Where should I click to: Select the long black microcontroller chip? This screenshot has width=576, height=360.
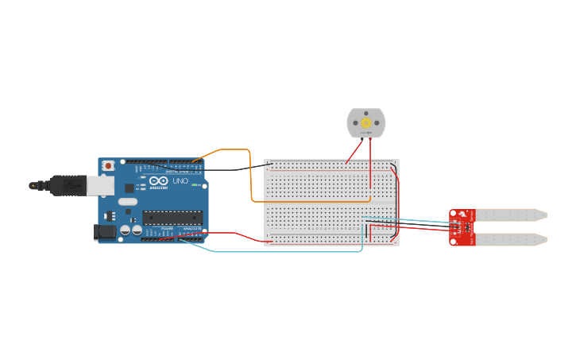pyautogui.click(x=172, y=217)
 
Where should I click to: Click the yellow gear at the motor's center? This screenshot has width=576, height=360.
pyautogui.click(x=365, y=123)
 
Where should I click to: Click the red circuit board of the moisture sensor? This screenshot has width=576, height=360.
pyautogui.click(x=462, y=227)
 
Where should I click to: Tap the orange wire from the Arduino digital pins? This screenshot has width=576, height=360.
pyautogui.click(x=251, y=175)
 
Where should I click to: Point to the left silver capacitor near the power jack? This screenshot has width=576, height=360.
pyautogui.click(x=126, y=230)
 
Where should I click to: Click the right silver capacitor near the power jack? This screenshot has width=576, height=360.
pyautogui.click(x=137, y=230)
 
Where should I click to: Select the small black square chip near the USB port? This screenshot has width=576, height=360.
pyautogui.click(x=129, y=188)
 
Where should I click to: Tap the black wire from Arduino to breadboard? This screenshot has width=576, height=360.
pyautogui.click(x=230, y=169)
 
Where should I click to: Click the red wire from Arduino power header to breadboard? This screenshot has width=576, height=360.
pyautogui.click(x=238, y=234)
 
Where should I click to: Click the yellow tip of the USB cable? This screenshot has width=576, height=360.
pyautogui.click(x=33, y=185)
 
